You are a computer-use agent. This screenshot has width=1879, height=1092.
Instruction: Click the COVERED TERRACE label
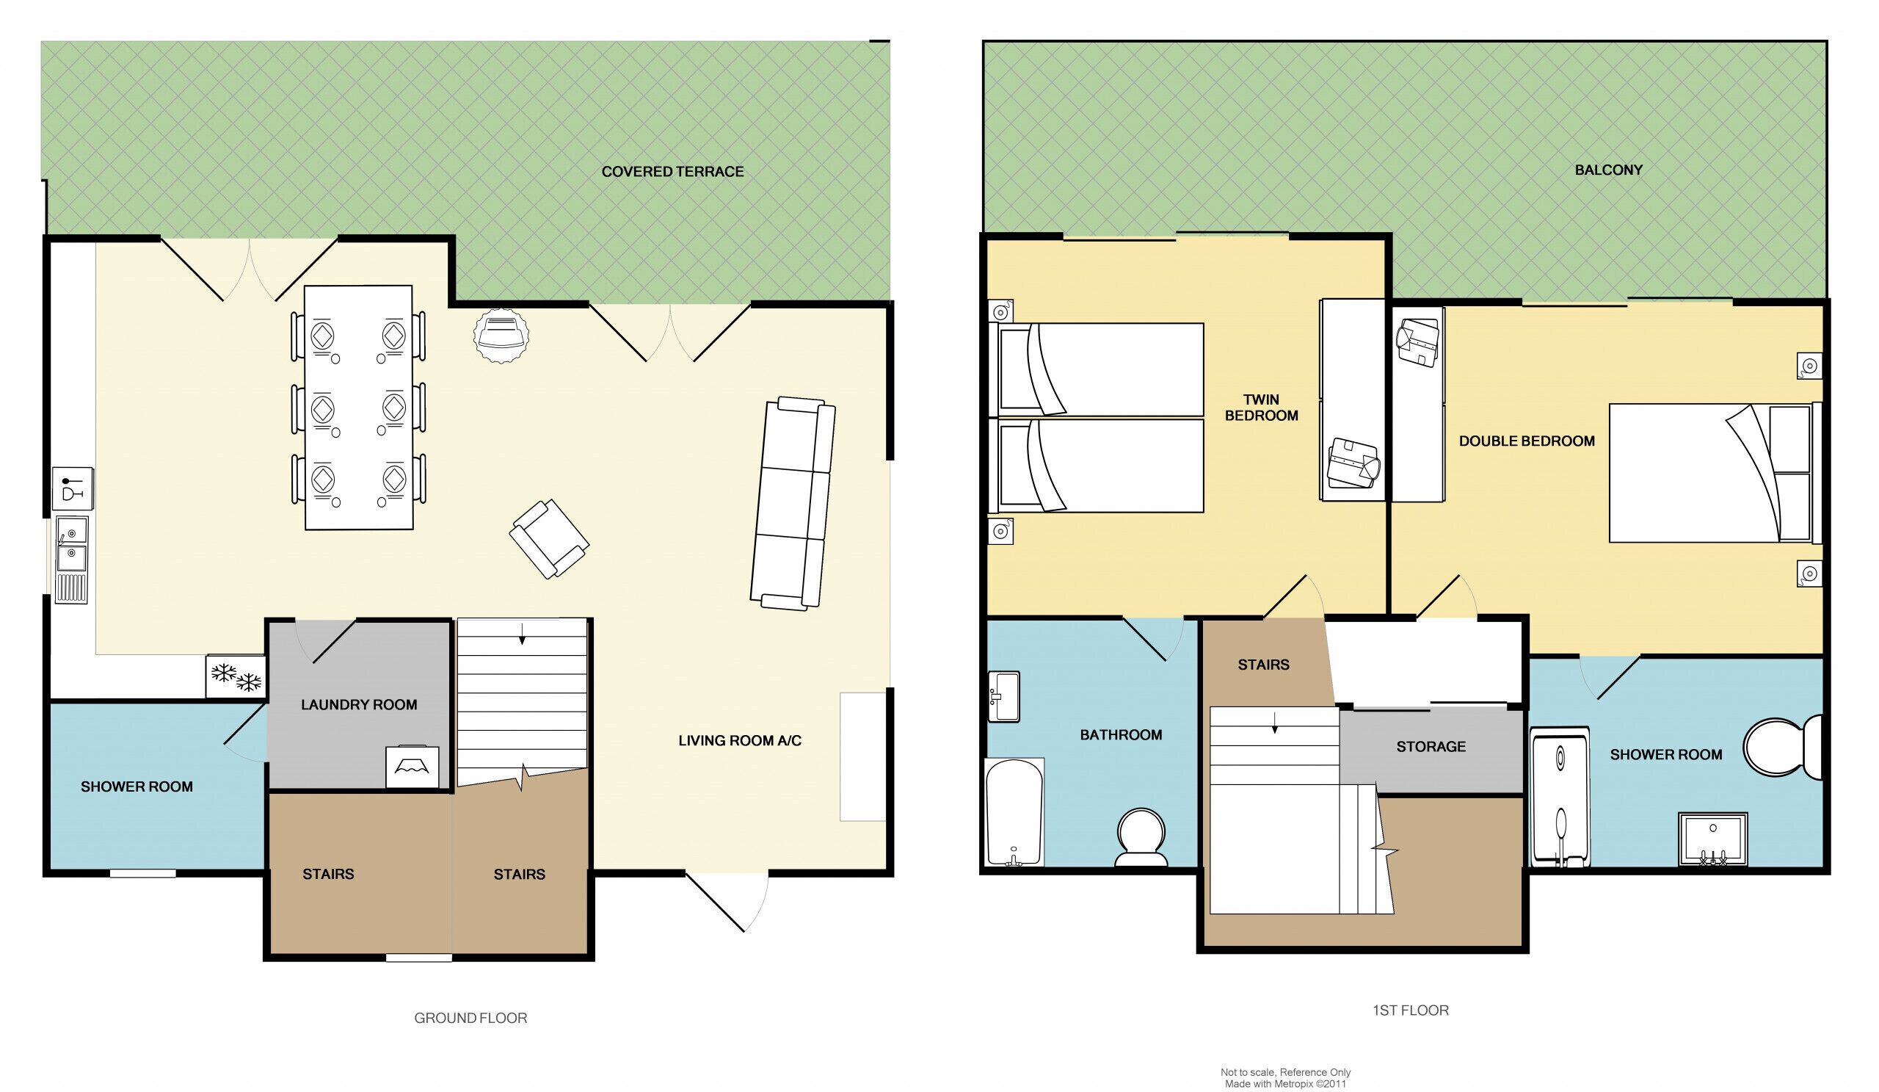(x=672, y=172)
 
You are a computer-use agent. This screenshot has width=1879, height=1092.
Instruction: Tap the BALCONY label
(x=1608, y=170)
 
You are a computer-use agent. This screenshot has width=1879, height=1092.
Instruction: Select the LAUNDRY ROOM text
(x=359, y=705)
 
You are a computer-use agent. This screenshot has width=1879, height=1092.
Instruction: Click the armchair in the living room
(x=550, y=539)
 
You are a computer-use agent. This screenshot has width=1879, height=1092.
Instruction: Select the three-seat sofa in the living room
(x=793, y=504)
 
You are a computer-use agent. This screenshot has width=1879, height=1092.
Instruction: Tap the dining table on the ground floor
(x=359, y=408)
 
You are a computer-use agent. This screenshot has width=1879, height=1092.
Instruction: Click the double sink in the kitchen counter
(x=73, y=559)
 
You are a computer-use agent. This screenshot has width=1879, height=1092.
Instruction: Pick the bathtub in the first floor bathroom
(x=1014, y=812)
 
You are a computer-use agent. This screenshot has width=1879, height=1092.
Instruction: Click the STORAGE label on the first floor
(x=1431, y=747)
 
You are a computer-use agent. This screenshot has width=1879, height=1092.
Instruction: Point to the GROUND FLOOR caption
(x=470, y=1018)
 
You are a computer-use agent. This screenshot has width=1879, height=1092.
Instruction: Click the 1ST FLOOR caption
(x=1411, y=1010)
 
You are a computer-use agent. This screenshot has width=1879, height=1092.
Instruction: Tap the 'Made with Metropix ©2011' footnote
(x=1285, y=1084)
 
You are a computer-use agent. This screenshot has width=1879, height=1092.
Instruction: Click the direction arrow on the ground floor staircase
(x=522, y=632)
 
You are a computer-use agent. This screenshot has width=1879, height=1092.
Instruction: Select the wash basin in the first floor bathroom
(x=1003, y=697)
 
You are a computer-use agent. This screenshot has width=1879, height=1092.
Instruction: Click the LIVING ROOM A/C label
(x=740, y=741)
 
